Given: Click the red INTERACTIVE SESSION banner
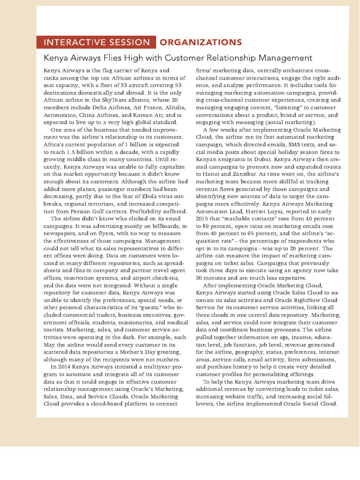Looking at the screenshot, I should (96, 43).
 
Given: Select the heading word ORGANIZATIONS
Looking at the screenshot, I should (201, 43).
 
